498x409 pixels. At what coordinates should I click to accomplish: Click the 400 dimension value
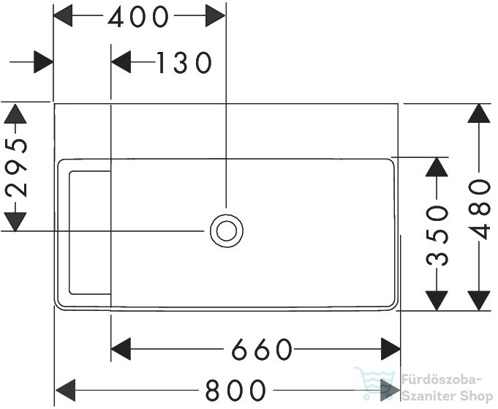[138, 17]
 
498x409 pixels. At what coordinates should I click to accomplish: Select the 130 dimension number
[184, 63]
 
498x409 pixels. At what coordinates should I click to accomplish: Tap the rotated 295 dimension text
[16, 167]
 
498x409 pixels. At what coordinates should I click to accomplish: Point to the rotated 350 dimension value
[437, 236]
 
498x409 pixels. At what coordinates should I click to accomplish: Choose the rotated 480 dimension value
[479, 209]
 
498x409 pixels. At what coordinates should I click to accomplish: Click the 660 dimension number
[262, 349]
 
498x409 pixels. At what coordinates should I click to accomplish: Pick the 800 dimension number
[235, 390]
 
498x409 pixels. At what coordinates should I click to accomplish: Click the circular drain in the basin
[227, 231]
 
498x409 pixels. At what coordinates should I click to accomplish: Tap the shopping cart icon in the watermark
[374, 383]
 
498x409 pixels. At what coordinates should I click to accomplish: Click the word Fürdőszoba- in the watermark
[442, 380]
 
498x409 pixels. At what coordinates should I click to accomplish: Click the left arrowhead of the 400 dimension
[63, 15]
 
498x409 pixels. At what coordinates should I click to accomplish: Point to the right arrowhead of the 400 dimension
[215, 15]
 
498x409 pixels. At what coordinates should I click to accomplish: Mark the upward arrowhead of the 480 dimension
[479, 113]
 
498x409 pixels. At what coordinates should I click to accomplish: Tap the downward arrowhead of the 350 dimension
[437, 301]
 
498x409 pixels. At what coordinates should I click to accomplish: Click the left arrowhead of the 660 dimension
[121, 349]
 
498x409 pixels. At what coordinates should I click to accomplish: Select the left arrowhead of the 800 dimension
[65, 390]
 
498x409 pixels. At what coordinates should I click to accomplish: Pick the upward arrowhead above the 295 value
[15, 113]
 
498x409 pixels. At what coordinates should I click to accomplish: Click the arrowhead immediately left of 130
[121, 61]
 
